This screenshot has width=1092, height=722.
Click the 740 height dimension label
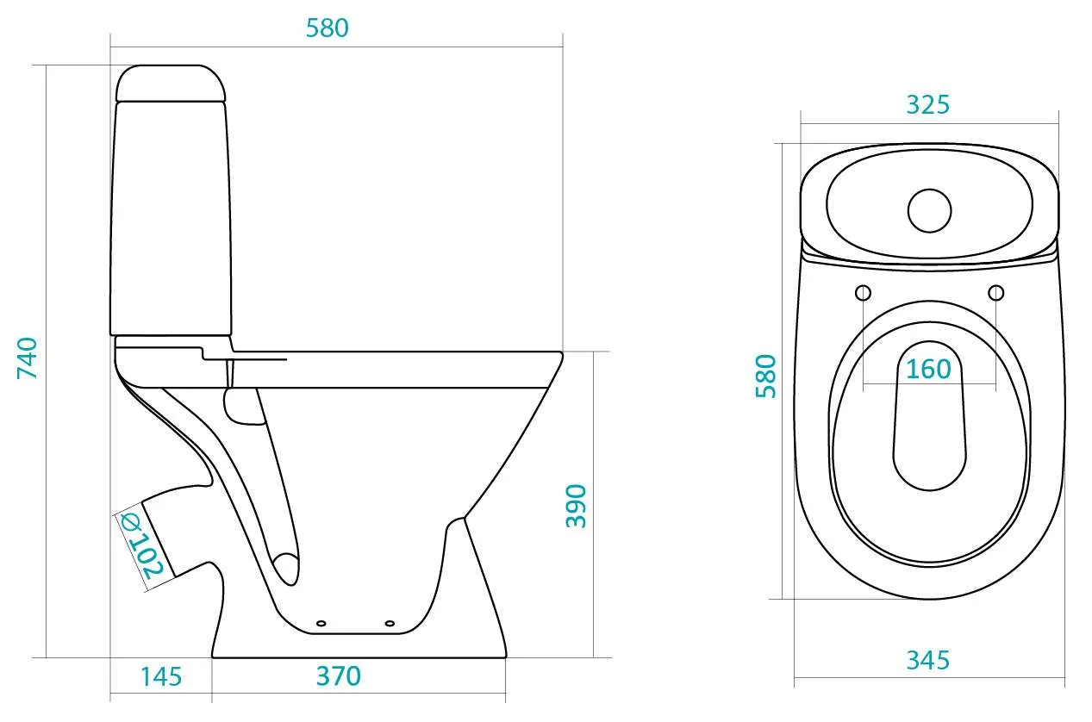coord(28,358)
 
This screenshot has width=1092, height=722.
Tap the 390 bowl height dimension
coord(576,507)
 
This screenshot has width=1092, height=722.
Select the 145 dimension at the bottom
coord(161,676)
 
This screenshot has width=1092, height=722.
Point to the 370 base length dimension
coord(339,676)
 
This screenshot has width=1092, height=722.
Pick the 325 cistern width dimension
coord(927,105)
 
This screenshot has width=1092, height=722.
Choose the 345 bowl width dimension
coord(927,661)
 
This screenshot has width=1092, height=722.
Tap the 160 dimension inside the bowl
coord(928,369)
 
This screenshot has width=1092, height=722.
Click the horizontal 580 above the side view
coord(328,28)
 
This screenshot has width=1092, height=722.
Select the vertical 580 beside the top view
coord(765,377)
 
